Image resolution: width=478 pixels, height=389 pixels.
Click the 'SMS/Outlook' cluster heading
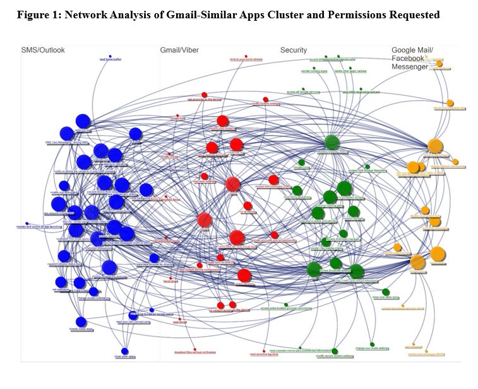pos(43,50)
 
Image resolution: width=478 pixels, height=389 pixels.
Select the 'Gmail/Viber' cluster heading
pos(179,50)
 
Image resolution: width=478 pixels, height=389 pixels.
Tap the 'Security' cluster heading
pos(294,50)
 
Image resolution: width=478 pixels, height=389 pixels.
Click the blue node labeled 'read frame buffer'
pos(110,56)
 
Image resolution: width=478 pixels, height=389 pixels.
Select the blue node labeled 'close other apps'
pos(125,352)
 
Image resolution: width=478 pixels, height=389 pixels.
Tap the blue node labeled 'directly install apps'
pos(81,322)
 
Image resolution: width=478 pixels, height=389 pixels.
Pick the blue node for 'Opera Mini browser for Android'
pos(154,258)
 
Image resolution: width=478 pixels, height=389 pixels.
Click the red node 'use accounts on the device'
pos(205,96)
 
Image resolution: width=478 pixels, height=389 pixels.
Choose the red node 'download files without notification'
pos(195,349)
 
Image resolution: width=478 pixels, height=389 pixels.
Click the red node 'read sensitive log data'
pos(265,351)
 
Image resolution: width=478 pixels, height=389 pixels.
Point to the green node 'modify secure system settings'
pos(335,352)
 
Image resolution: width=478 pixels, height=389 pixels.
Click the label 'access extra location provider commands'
pos(287,308)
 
